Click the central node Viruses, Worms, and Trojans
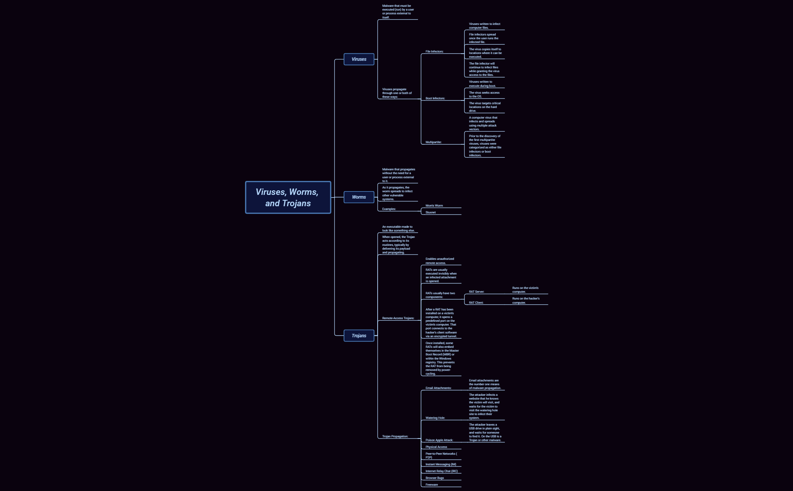(x=288, y=198)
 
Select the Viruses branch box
(x=359, y=59)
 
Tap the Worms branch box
(x=359, y=197)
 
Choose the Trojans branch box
(x=359, y=336)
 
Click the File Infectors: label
(x=434, y=51)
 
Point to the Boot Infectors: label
(x=435, y=98)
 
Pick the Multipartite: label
(x=433, y=142)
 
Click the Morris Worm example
(x=434, y=205)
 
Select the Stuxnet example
(x=430, y=212)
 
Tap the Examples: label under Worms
(x=389, y=209)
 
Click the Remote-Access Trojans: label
(x=398, y=318)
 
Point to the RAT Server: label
(x=476, y=292)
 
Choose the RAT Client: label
(x=476, y=303)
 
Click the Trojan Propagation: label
(x=395, y=436)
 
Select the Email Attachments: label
(x=438, y=388)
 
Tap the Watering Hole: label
(x=435, y=418)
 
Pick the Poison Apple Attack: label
(x=439, y=440)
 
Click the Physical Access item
(x=436, y=447)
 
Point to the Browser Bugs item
(x=435, y=478)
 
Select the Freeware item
(x=432, y=485)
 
